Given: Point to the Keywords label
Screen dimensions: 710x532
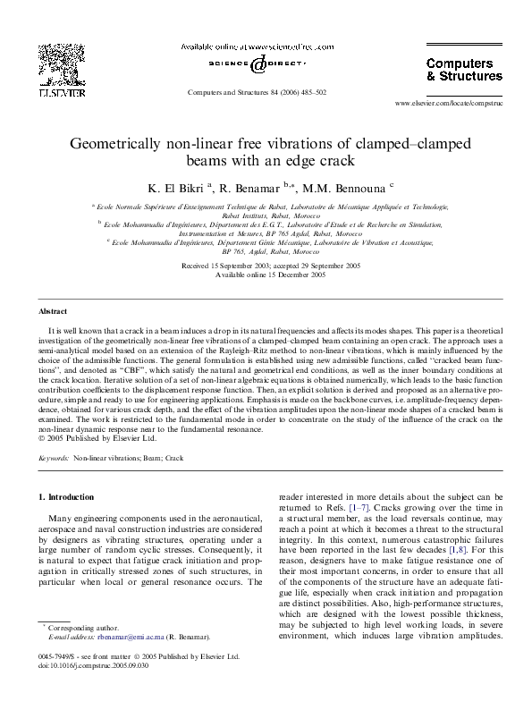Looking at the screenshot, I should click(x=54, y=457).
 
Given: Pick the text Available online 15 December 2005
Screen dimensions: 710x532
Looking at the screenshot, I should click(x=266, y=275).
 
